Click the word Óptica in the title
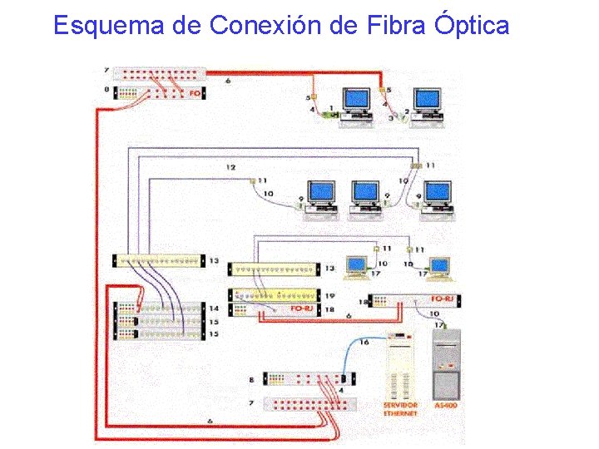pos(471,26)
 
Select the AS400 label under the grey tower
pos(446,406)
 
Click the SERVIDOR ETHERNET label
pos(400,409)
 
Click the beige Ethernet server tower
pos(400,366)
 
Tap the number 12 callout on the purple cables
pos(231,168)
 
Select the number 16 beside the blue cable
pos(364,342)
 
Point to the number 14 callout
pos(214,308)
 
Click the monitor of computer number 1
pos(358,100)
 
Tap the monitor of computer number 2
pos(428,100)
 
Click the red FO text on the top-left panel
pos(195,93)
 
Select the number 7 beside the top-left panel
pos(106,71)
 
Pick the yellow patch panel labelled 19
pos(275,295)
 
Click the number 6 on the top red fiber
pos(228,81)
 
